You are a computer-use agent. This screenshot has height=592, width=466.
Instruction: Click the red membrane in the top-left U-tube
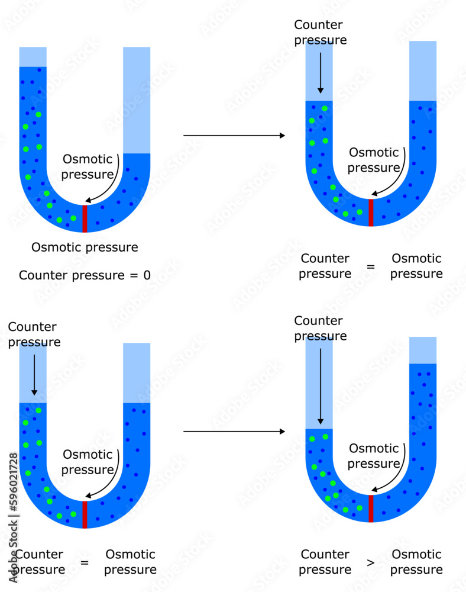[85, 218]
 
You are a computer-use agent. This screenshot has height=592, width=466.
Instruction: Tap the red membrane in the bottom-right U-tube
[371, 509]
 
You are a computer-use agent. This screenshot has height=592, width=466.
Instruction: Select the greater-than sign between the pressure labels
[371, 562]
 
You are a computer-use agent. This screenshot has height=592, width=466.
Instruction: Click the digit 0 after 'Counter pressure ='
[147, 275]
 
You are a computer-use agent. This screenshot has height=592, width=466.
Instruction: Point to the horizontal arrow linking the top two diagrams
[234, 136]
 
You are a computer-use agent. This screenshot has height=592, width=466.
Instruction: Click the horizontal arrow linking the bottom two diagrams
[234, 432]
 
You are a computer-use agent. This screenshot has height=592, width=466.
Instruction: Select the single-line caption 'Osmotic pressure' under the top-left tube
[85, 247]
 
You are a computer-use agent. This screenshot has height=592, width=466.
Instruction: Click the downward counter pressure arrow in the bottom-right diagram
[320, 385]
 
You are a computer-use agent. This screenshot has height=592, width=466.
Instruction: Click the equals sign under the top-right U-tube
[371, 266]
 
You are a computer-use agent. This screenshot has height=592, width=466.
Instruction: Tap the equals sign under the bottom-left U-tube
[85, 562]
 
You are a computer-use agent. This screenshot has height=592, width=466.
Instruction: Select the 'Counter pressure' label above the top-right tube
[320, 33]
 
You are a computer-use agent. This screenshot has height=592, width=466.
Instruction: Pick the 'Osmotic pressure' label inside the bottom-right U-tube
[373, 456]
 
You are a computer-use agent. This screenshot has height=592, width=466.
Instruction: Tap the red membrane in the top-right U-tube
[371, 213]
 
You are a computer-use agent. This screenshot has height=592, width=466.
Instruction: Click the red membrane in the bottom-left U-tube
[85, 514]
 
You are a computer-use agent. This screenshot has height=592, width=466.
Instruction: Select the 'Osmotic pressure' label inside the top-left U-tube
[88, 166]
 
